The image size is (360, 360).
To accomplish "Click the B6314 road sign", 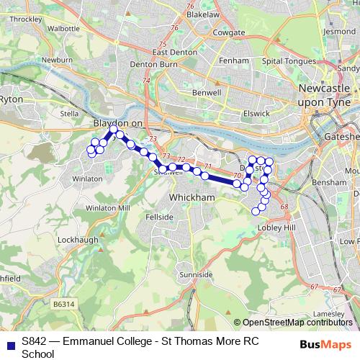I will point(63,305).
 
